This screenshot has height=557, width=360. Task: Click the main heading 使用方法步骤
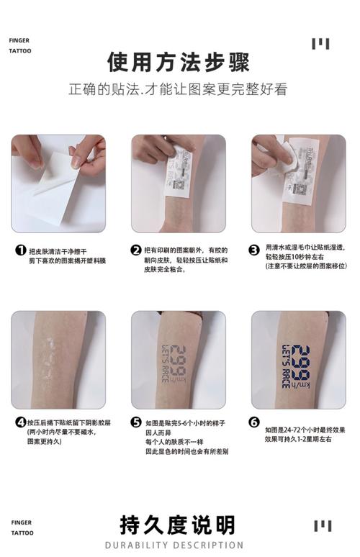tap(179, 63)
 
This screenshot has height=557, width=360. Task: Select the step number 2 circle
tap(136, 250)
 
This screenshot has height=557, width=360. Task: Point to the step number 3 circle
tap(254, 250)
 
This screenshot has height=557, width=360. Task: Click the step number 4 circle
tap(21, 422)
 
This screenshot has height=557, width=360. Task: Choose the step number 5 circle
tap(136, 422)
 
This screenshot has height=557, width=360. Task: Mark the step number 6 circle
tap(254, 422)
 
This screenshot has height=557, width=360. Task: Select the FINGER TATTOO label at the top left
tap(20, 46)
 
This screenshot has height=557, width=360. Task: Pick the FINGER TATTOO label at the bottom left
tap(20, 527)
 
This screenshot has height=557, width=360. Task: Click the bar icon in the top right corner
tap(320, 44)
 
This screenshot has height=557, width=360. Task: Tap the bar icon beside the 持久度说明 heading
tap(322, 526)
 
